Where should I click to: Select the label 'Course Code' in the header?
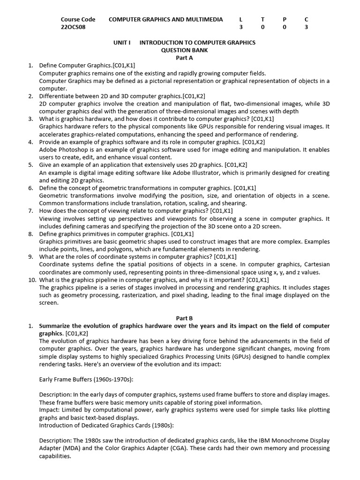[78, 19]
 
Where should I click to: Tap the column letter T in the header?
[262, 19]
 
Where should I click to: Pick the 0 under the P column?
[284, 27]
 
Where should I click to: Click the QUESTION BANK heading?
[184, 50]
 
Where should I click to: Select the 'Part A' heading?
[184, 58]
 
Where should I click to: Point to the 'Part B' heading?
[184, 318]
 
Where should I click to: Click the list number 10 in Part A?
[32, 280]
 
